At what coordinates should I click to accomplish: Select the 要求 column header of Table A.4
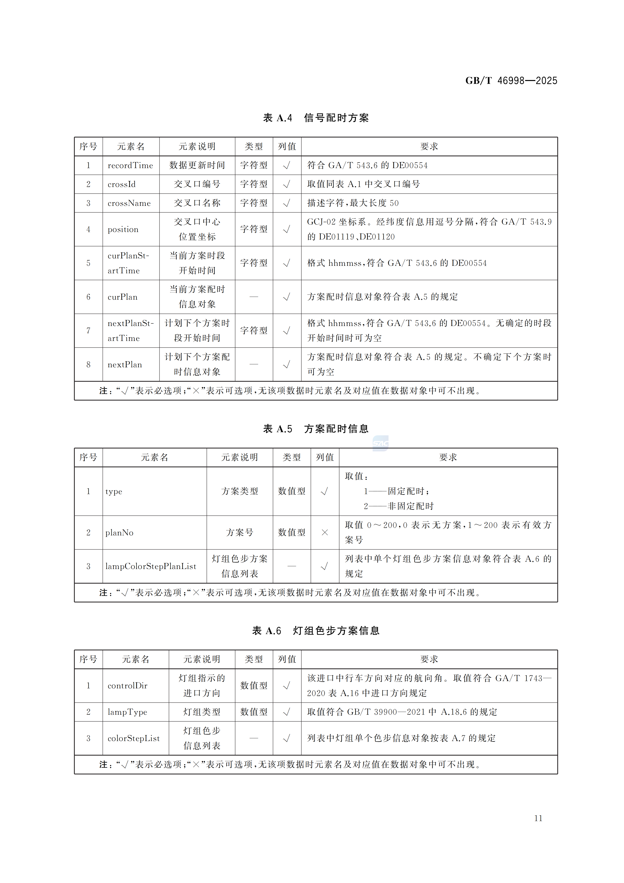[x=429, y=146]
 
